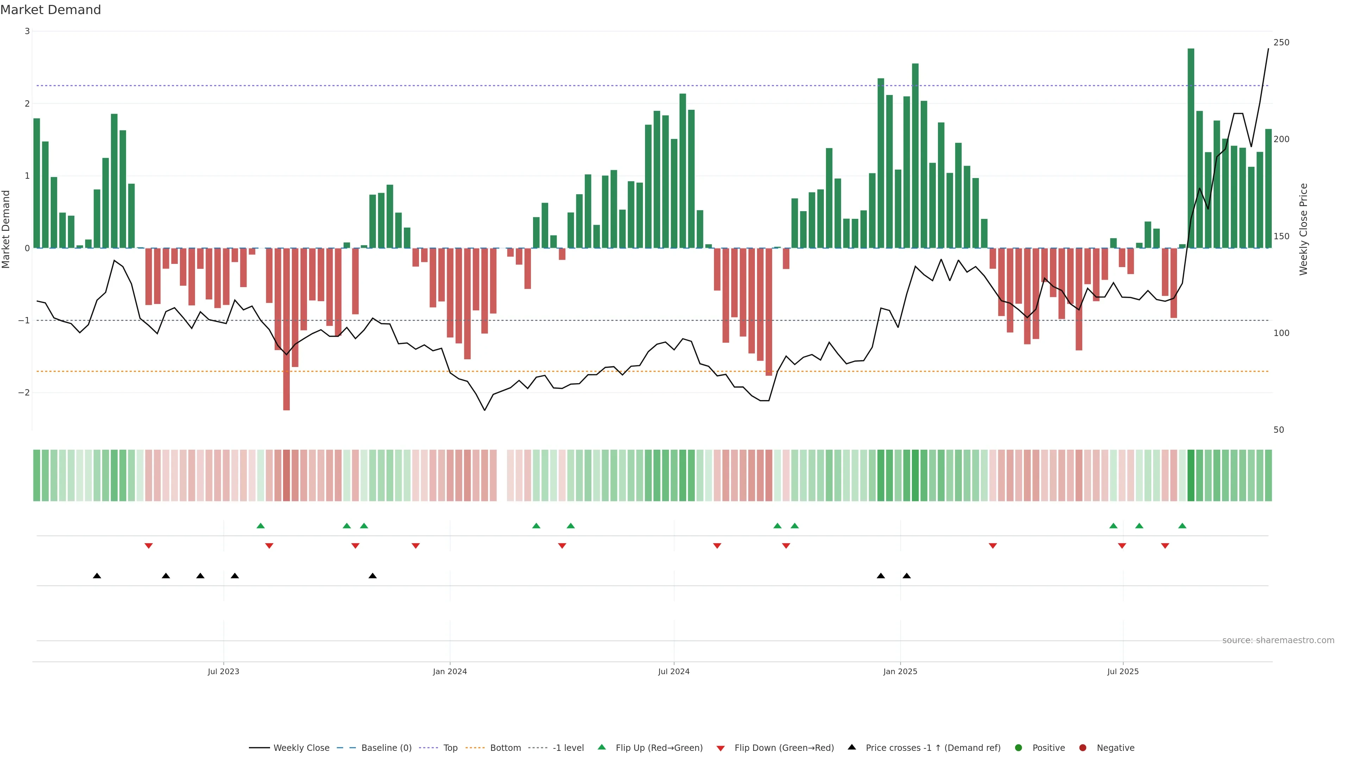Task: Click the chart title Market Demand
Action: point(50,10)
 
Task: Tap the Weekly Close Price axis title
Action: point(1304,229)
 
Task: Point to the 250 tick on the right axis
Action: point(1281,43)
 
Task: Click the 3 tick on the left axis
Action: point(27,31)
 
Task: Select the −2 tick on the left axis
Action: point(24,393)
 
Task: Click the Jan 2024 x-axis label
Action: point(450,671)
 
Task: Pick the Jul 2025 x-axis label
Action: point(1123,671)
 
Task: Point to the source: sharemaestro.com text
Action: point(1278,640)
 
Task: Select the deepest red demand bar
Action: point(287,329)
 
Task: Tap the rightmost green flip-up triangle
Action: point(1182,526)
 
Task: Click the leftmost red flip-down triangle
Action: point(149,546)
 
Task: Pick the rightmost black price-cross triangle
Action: point(906,576)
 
